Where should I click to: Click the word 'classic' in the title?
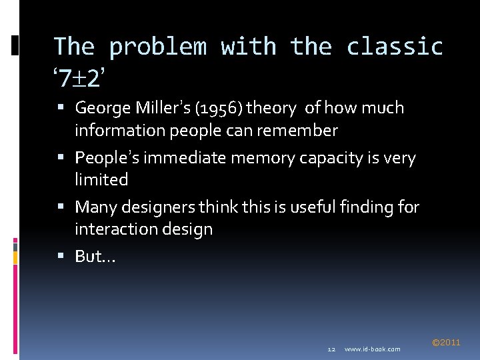pos(395,47)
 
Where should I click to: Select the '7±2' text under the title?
pos(79,79)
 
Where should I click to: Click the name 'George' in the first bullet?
pos(103,108)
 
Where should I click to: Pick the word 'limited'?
pos(101,180)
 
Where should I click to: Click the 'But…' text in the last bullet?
pos(95,257)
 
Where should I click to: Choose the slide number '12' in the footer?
pos(331,349)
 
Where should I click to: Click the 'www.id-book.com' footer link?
pos(373,349)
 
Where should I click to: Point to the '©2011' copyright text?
pos(446,343)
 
